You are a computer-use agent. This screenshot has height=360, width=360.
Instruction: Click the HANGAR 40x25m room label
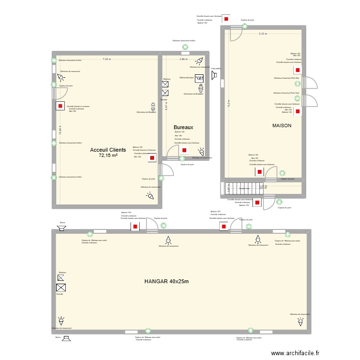pos(167,281)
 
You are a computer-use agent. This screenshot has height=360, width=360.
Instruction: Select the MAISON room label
pos(282,125)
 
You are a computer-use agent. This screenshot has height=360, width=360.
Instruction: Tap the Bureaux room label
pos(183,127)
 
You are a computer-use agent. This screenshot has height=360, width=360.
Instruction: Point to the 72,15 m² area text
pos(108,156)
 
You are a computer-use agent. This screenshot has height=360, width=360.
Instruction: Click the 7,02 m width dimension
pos(106,59)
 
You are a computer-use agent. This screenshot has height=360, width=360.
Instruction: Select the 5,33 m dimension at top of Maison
pos(263,34)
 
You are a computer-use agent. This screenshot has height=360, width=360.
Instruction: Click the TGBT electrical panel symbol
pos(200,79)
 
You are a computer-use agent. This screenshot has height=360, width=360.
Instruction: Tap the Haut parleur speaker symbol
pos(215,75)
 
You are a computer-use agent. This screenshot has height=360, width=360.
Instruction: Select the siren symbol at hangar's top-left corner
pos(61,228)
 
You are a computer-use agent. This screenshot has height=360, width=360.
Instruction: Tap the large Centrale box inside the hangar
pos(61,288)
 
